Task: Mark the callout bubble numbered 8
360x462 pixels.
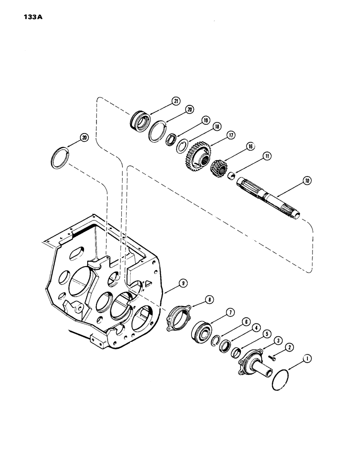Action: tap(209, 299)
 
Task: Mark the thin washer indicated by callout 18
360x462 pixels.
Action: tap(182, 146)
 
